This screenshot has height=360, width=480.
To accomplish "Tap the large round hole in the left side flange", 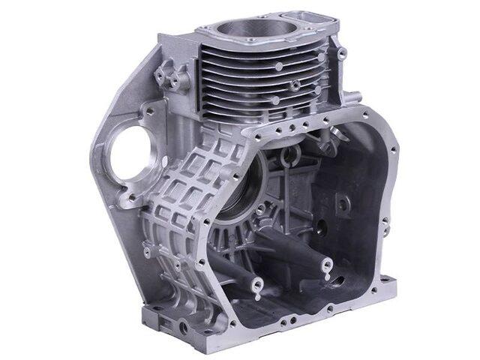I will pyautogui.click(x=135, y=154).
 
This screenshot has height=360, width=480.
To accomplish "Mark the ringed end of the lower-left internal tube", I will pyautogui.click(x=256, y=286).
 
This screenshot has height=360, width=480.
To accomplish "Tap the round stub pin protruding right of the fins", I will pyautogui.click(x=353, y=97).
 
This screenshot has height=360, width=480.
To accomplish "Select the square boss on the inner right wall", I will pyautogui.click(x=342, y=202).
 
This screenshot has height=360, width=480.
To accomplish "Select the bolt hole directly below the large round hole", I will pyautogui.click(x=134, y=196).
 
